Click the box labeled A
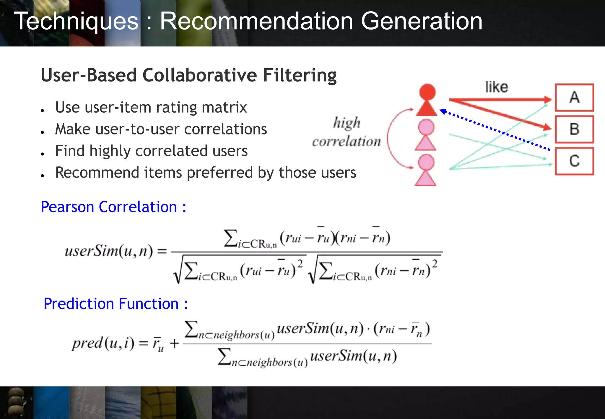point(574,98)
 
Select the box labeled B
point(574,129)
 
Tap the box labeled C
point(574,161)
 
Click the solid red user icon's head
point(427,92)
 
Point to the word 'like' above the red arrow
point(497,87)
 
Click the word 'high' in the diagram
point(347,123)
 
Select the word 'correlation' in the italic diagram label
point(347,142)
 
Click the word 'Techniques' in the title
point(76,21)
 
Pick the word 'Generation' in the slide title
point(422,21)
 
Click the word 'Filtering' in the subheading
point(300,75)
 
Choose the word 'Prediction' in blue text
point(79,304)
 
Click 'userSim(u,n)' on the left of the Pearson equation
point(109,251)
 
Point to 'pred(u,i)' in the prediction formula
point(103,343)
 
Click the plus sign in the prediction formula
point(174,343)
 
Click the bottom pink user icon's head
point(426,162)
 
